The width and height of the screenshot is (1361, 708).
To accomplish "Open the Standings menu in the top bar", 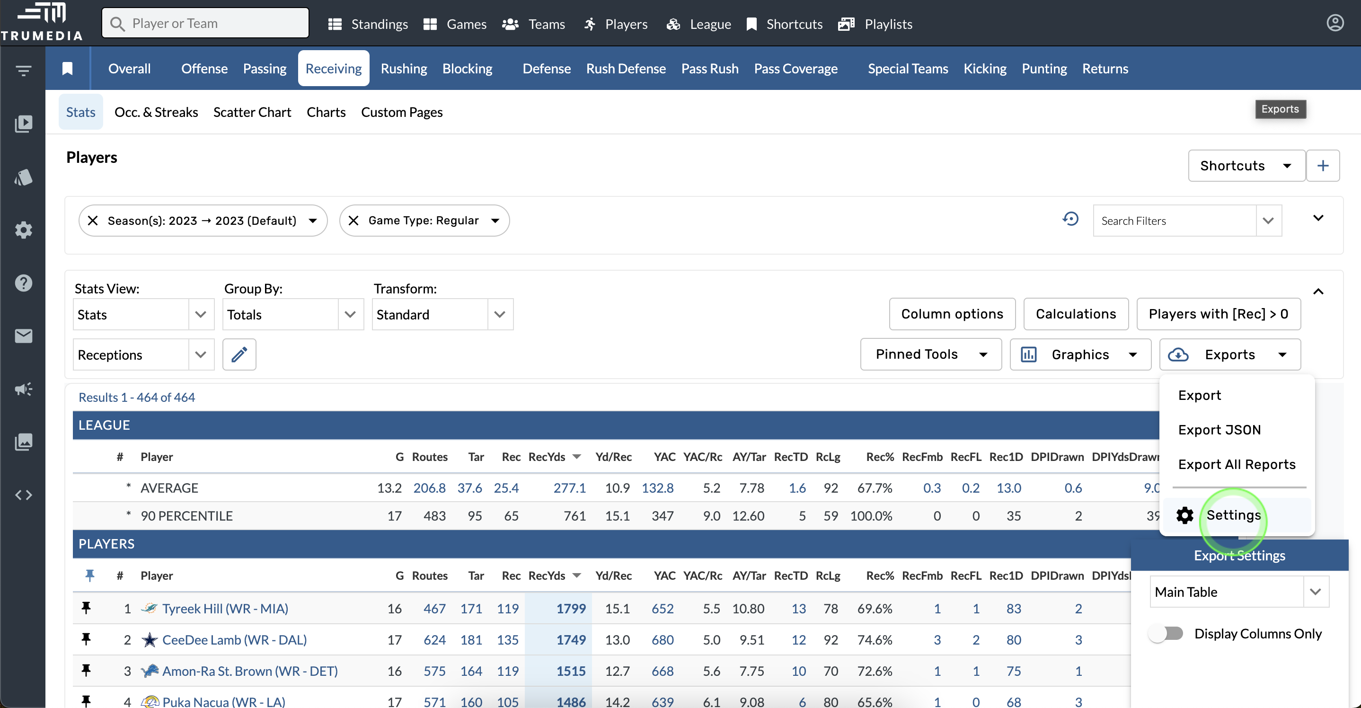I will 368,24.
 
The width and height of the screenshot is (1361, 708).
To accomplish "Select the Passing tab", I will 264,69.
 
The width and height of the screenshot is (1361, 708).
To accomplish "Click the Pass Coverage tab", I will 795,69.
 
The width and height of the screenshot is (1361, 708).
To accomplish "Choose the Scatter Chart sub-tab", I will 252,112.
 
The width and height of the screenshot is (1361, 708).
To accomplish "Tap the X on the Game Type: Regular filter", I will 354,221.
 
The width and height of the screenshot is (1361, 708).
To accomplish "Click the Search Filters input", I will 1174,221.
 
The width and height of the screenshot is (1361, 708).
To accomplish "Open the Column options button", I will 952,314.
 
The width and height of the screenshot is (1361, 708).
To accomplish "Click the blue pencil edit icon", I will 239,354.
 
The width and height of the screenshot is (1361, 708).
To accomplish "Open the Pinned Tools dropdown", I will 930,354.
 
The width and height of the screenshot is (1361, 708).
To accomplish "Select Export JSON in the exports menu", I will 1219,430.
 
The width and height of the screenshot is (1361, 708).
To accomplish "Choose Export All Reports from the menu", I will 1237,464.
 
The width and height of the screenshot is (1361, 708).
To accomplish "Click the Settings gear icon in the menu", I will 1184,515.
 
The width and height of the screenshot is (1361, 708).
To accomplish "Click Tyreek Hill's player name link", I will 225,609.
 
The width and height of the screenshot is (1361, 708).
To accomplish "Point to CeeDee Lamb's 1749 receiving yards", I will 571,640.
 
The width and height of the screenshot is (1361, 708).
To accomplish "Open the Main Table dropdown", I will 1238,592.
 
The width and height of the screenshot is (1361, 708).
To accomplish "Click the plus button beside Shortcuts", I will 1322,166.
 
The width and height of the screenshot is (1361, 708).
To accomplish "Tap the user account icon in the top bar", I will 1334,23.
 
